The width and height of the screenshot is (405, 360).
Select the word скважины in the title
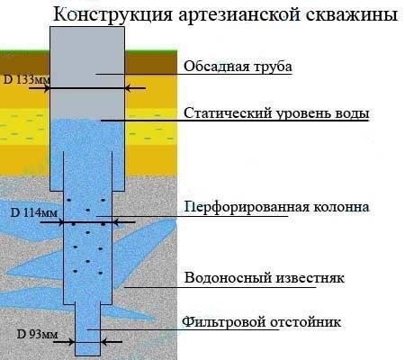(352, 14)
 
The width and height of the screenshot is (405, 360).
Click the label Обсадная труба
(238, 67)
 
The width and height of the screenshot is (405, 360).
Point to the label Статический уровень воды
(276, 113)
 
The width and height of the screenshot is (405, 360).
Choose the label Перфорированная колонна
(276, 207)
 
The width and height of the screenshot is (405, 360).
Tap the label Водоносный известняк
(264, 277)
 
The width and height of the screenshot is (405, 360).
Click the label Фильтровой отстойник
(261, 322)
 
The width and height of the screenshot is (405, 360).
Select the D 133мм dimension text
(26, 80)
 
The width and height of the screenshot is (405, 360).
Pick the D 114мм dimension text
(34, 212)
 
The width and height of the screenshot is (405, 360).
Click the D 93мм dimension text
(37, 334)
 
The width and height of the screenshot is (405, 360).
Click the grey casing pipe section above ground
(87, 39)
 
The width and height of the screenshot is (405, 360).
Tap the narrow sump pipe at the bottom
(87, 330)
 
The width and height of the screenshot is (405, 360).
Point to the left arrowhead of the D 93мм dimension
(71, 342)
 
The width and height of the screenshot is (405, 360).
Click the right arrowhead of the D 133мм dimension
(128, 88)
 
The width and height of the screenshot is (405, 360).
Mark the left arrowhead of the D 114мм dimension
(60, 222)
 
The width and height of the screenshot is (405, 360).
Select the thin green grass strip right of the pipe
(151, 53)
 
